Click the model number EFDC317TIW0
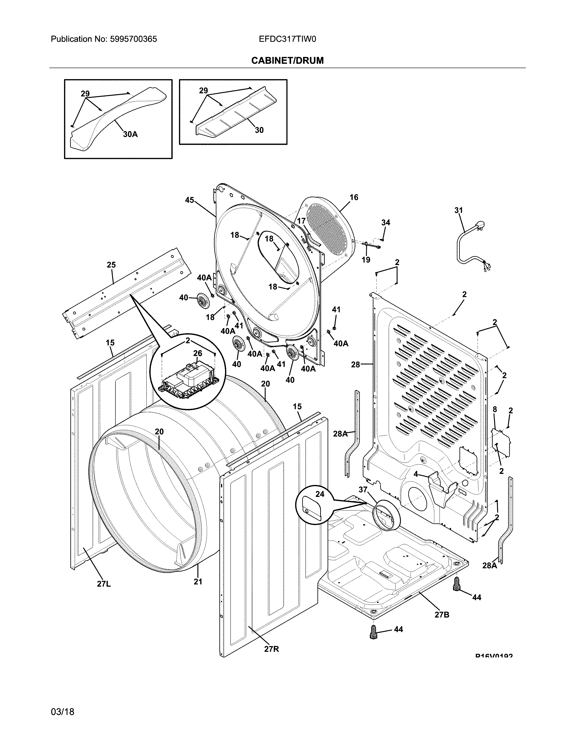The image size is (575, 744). (287, 39)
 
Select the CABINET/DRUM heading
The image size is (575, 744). (287, 61)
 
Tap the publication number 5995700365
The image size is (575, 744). (133, 39)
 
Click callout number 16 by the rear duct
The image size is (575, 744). (354, 197)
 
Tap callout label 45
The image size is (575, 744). (190, 200)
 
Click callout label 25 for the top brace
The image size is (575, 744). (111, 265)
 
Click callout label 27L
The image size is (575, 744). (104, 584)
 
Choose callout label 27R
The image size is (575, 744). (271, 649)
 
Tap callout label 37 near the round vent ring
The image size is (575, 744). (363, 489)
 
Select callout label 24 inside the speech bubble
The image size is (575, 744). (320, 494)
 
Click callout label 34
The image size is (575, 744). (386, 223)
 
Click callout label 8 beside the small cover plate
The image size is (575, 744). (495, 409)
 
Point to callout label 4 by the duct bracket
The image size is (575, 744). (416, 474)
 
